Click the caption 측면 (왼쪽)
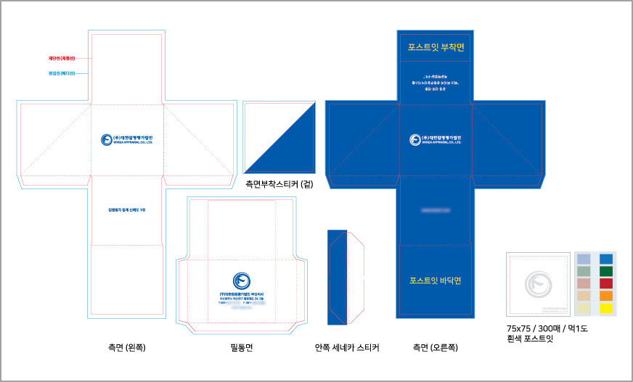click(127, 348)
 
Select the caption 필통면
click(241, 348)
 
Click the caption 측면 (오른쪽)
click(436, 348)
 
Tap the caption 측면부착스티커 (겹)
click(279, 183)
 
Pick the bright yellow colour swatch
click(606, 308)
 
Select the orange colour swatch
click(606, 296)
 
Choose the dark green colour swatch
click(606, 271)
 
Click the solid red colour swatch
click(606, 283)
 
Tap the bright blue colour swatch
click(606, 259)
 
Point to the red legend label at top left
click(62, 57)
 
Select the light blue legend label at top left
click(62, 72)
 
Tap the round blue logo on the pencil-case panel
click(240, 281)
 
